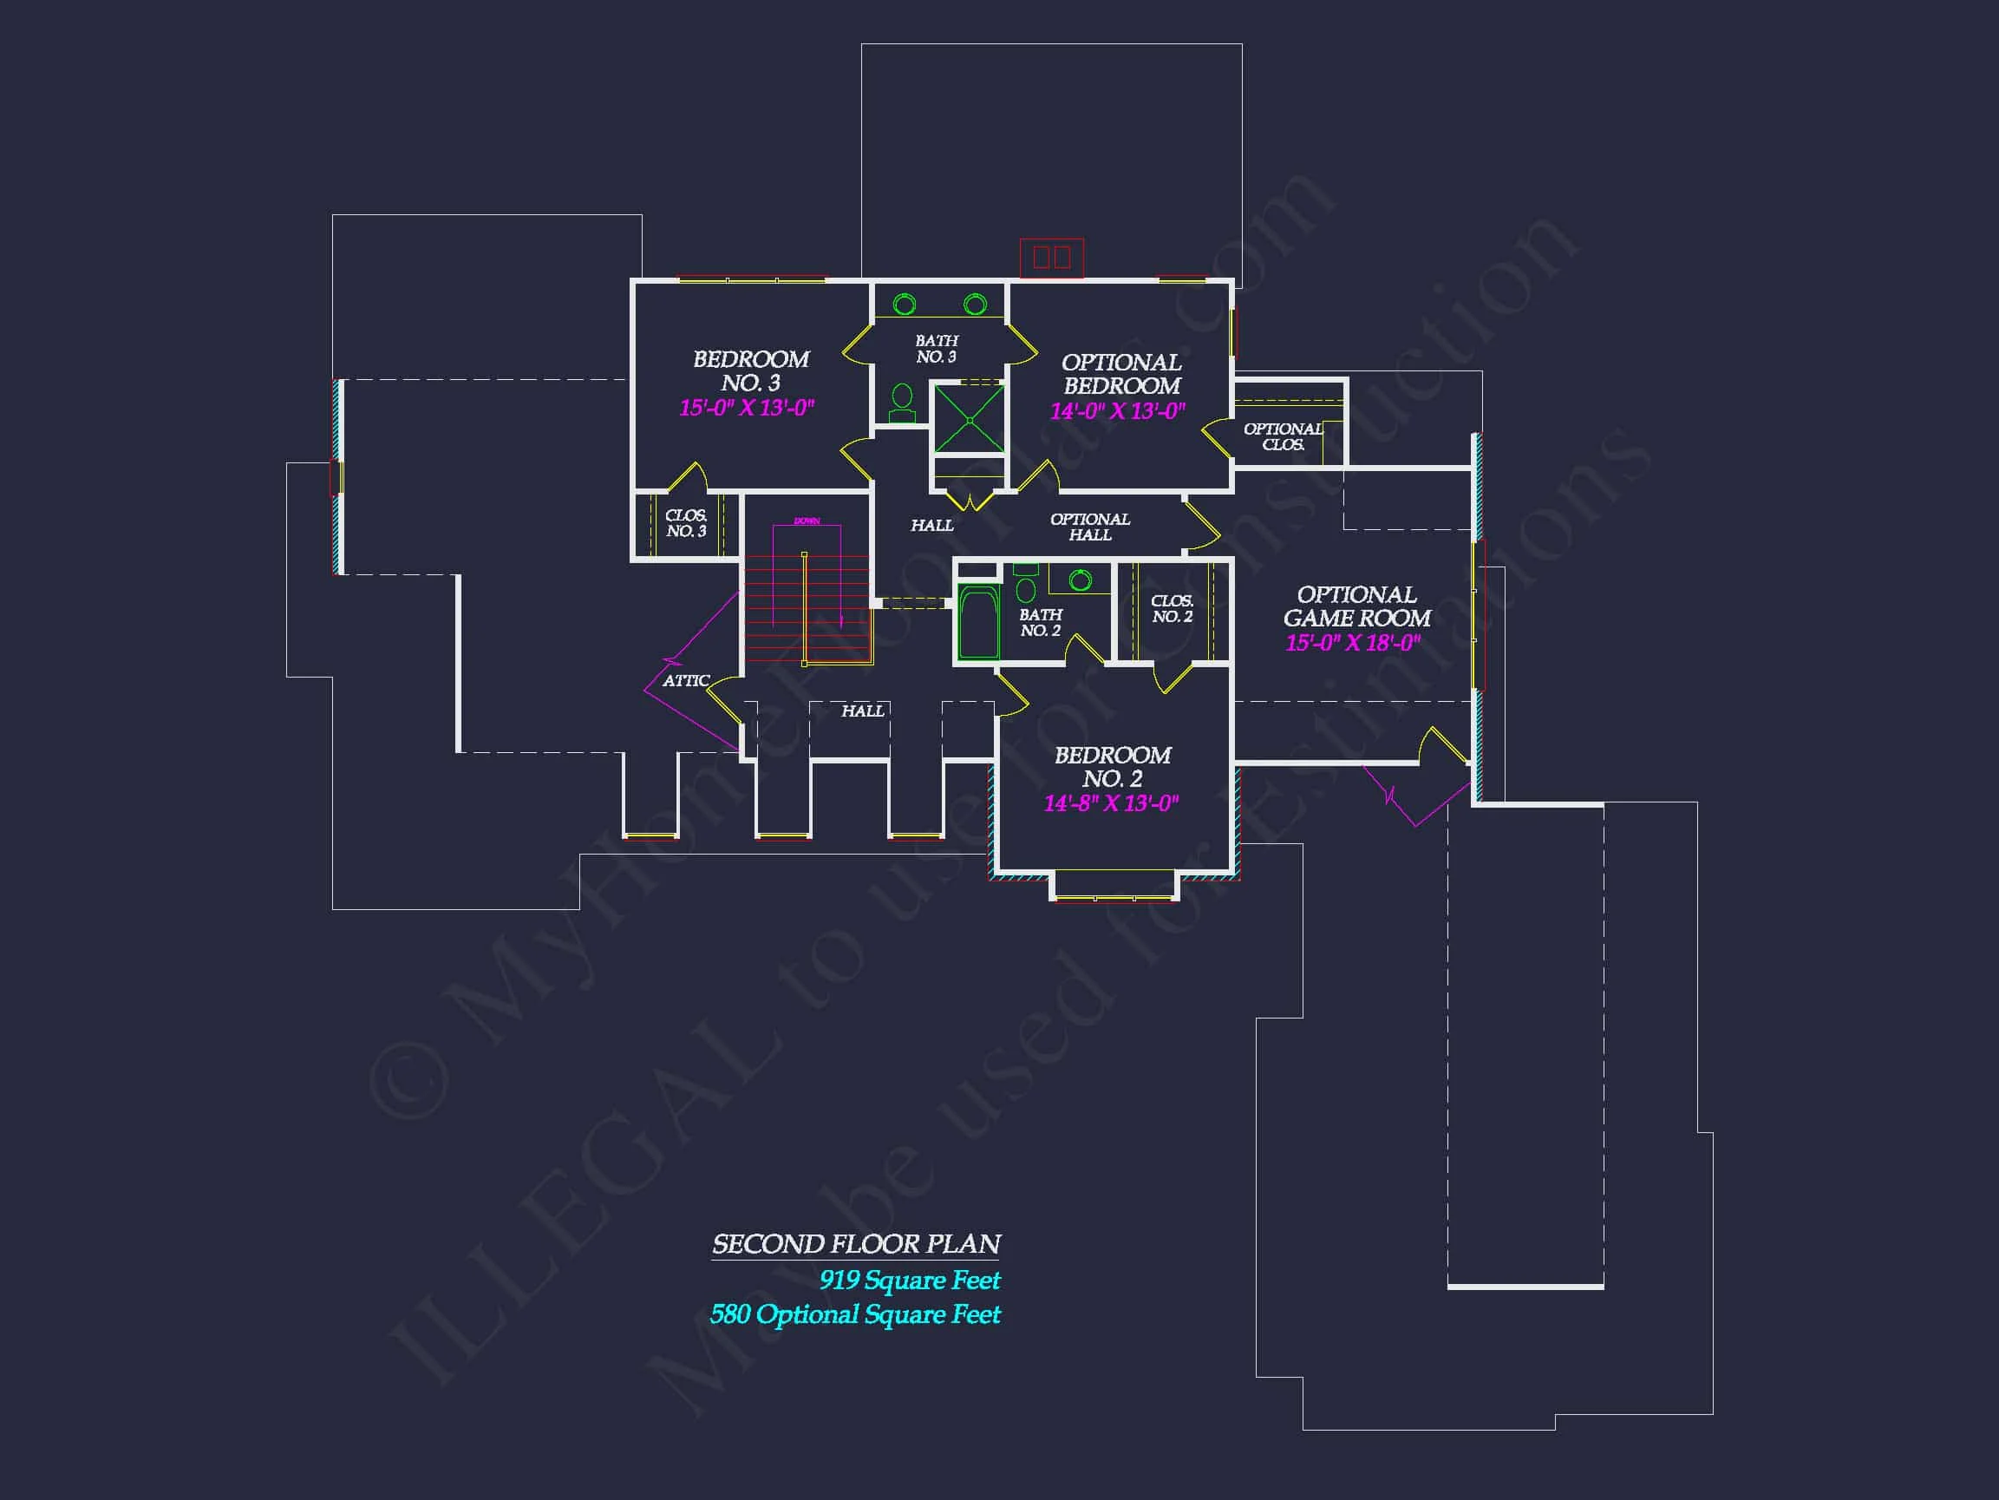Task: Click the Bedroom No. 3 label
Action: (750, 370)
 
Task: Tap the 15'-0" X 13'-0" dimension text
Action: (747, 408)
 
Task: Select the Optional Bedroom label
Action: (1120, 373)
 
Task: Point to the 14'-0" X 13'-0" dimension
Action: (1117, 411)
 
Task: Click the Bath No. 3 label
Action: (937, 348)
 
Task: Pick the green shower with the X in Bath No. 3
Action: (969, 420)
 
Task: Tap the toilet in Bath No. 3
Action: (902, 403)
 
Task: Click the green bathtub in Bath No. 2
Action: (977, 623)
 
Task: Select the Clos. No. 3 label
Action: (686, 523)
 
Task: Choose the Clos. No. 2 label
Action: (1173, 608)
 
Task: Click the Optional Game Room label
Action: (1356, 606)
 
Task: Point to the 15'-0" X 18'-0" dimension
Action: (1353, 643)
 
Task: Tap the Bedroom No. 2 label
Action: (1113, 767)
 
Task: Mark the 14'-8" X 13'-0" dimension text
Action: (1111, 802)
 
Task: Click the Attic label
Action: (686, 681)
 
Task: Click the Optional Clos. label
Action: (1283, 436)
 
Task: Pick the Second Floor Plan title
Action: (856, 1244)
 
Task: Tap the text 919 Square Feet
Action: (909, 1281)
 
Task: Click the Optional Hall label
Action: (1090, 527)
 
